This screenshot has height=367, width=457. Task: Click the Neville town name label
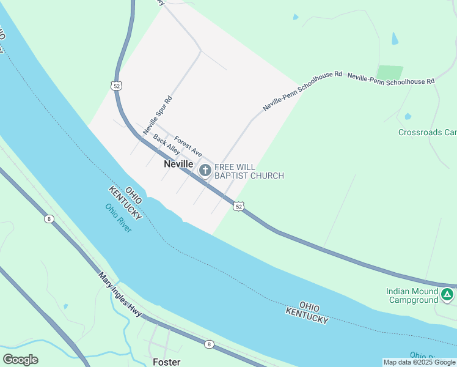(x=178, y=165)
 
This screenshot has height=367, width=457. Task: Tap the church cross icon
(x=205, y=171)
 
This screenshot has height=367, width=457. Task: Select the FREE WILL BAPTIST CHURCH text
(x=249, y=171)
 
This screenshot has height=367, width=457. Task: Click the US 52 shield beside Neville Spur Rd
(x=116, y=86)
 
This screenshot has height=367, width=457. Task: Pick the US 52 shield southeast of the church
(x=239, y=207)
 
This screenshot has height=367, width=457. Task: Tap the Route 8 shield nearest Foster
(x=210, y=344)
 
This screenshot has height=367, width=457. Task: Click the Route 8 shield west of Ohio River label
(x=49, y=219)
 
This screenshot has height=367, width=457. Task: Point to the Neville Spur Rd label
(x=158, y=115)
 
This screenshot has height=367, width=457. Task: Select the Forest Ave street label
(x=188, y=146)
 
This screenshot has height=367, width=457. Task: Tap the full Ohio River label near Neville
(x=119, y=218)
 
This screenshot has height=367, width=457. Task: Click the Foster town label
(x=166, y=361)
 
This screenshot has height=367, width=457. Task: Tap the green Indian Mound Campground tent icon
(x=448, y=295)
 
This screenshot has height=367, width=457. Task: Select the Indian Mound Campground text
(x=412, y=295)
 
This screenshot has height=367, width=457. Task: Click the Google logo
(x=20, y=359)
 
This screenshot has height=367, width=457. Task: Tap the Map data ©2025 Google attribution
(x=419, y=362)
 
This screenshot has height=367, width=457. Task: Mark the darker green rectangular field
(x=390, y=73)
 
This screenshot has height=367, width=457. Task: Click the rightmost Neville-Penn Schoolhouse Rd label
(x=390, y=79)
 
